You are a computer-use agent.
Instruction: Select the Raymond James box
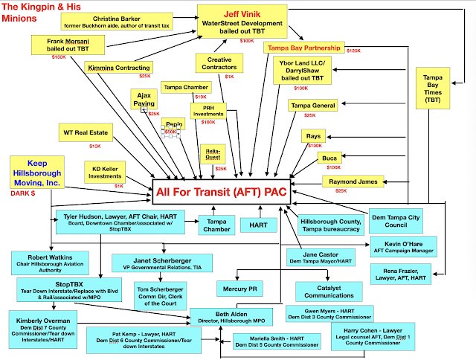point(353,181)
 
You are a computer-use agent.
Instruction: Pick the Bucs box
point(329,158)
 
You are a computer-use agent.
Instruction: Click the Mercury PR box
point(239,286)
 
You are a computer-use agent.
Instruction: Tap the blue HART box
point(259,223)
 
